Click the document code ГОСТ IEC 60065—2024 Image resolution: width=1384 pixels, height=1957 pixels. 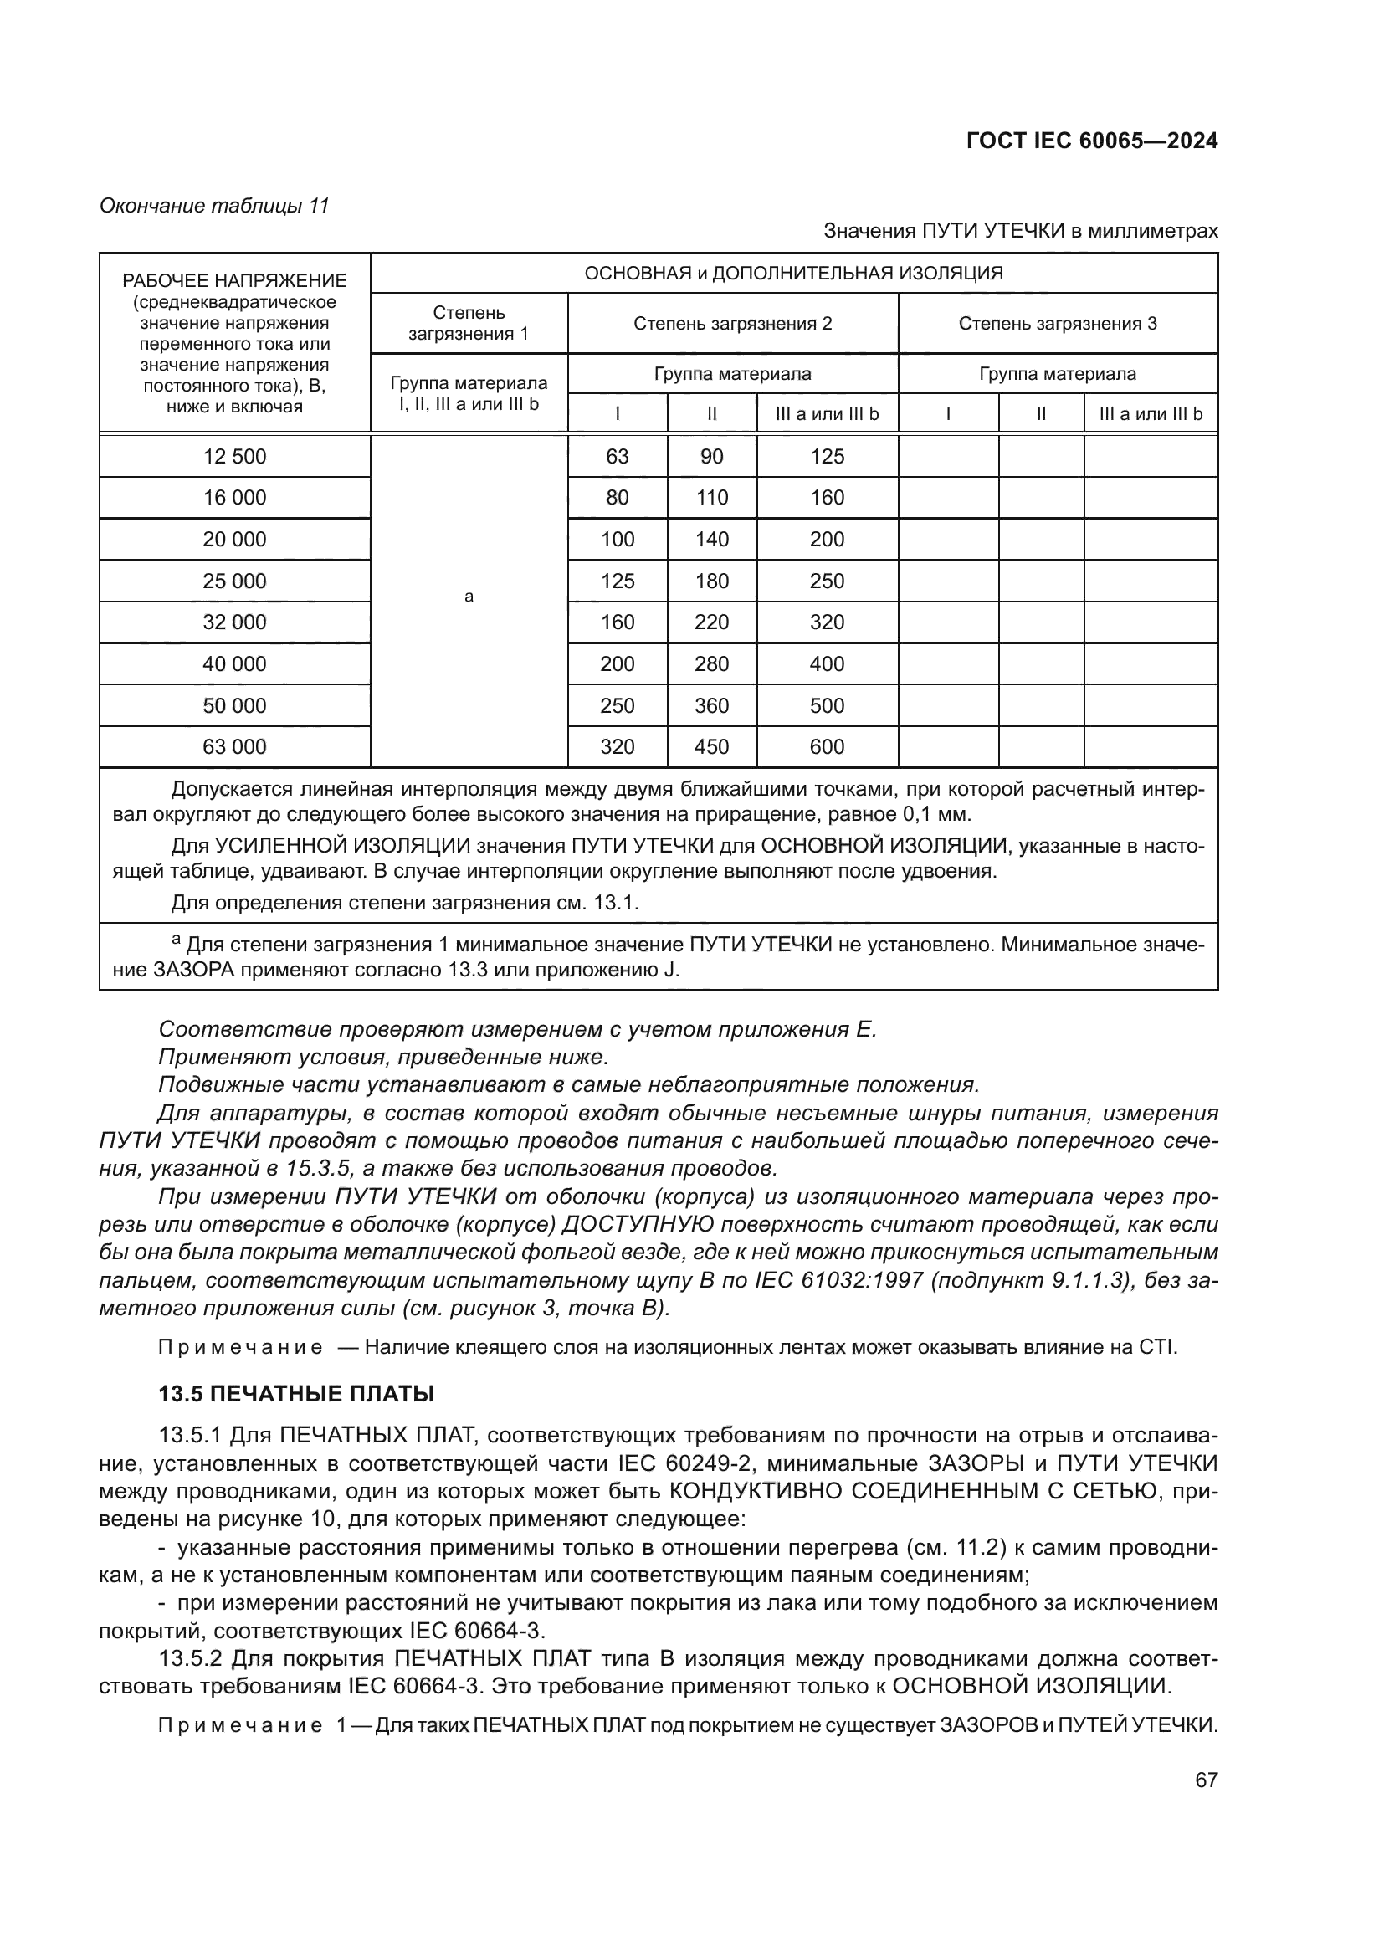point(1092,141)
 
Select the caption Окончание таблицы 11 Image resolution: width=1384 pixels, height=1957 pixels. point(214,206)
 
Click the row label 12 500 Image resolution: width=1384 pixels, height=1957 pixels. point(234,456)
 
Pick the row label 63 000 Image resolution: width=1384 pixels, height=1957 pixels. point(234,746)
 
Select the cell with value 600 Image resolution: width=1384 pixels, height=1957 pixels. point(827,746)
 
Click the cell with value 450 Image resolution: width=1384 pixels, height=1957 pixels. point(711,746)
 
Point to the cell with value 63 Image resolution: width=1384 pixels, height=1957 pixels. point(617,456)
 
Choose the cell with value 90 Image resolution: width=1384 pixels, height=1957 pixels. point(711,456)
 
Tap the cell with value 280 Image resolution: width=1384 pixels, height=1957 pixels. point(711,664)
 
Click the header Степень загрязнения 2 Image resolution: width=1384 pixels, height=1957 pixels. point(732,323)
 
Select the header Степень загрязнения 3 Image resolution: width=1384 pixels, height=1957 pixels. point(1058,323)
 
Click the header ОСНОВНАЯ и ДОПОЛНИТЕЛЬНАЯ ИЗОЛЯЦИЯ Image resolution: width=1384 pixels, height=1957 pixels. point(793,273)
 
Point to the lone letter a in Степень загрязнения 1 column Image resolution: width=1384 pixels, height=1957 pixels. point(469,597)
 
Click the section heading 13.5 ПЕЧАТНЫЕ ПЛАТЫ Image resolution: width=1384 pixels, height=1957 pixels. point(296,1394)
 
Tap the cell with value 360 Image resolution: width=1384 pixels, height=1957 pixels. point(711,706)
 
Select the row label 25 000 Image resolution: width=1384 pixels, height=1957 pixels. point(234,581)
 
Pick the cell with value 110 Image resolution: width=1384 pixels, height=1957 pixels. point(711,498)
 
